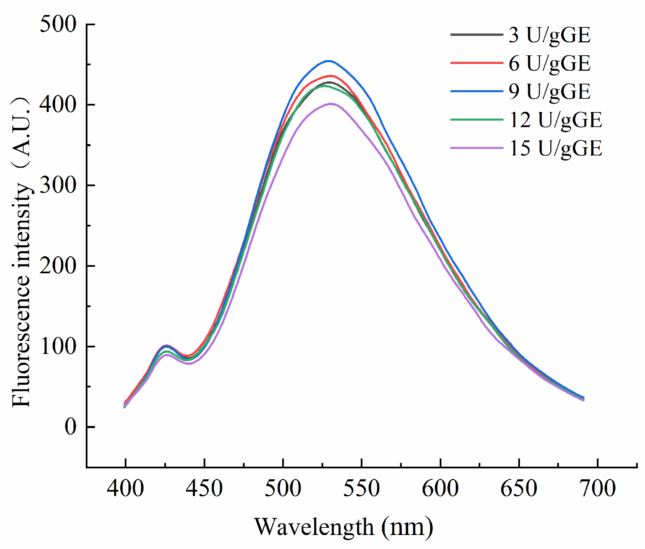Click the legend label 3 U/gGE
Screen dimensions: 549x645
coord(549,35)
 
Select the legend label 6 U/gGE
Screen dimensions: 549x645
coord(549,63)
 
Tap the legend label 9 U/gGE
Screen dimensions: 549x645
coord(549,92)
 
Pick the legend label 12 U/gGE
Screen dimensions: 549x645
coord(555,120)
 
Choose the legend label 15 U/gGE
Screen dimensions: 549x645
coord(555,148)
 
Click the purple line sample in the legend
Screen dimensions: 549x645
coord(477,148)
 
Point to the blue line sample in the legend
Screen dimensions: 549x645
coord(477,91)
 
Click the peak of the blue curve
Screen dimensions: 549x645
coord(328,61)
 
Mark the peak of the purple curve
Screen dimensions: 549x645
coord(331,104)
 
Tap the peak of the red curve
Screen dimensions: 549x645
coord(330,76)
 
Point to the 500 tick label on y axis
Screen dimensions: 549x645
coord(58,25)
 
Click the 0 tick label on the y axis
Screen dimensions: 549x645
coord(70,427)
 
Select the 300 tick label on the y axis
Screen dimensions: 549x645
coord(58,186)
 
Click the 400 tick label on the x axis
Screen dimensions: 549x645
coord(125,489)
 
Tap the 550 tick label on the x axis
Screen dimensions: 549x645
coord(361,489)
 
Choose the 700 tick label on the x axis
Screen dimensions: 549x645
coord(598,489)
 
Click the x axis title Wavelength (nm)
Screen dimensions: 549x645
coord(343,527)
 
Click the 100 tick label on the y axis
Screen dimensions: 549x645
coord(58,346)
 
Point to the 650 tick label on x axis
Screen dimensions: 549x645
coord(519,489)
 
